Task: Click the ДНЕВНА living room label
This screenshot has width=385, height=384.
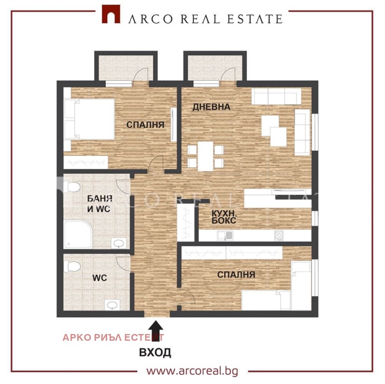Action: tap(211, 107)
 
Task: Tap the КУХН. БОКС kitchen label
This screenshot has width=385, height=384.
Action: tap(224, 217)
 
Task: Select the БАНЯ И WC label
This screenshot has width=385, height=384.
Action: tap(100, 204)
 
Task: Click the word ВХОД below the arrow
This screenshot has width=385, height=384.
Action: tap(155, 352)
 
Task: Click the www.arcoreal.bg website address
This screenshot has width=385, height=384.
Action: tap(192, 371)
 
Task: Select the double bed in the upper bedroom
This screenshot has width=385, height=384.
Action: tap(89, 119)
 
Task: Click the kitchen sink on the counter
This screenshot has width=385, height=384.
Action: tap(225, 235)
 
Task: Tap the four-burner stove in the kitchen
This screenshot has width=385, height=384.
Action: tap(279, 235)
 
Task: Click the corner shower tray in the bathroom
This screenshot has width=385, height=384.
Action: tap(78, 234)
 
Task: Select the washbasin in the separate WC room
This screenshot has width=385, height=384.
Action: tap(113, 305)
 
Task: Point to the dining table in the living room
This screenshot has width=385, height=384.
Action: tap(205, 156)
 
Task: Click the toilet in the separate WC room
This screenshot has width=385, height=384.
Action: tap(72, 266)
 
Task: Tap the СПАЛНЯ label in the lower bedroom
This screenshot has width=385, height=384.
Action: tap(236, 274)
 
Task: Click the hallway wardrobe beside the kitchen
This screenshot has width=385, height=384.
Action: tap(186, 222)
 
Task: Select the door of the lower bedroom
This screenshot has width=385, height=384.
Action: tap(187, 296)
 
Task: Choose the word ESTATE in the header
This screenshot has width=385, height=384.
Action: tap(255, 19)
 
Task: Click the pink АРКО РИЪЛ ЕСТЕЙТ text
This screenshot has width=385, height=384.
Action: tap(113, 338)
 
